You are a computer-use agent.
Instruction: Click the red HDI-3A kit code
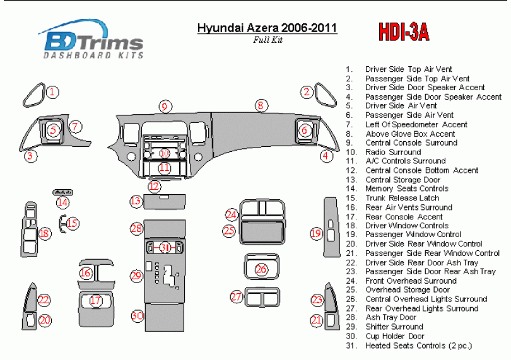click(404, 32)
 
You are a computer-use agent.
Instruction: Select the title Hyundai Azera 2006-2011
click(267, 28)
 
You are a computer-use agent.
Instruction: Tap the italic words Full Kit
click(267, 40)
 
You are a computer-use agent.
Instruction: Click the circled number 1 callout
click(52, 92)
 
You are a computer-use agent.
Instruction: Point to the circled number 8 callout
click(261, 105)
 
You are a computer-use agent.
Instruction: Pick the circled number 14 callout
click(62, 202)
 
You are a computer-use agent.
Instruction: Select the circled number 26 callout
click(261, 269)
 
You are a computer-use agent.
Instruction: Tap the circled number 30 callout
click(138, 315)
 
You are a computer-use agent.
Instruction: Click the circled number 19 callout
click(316, 233)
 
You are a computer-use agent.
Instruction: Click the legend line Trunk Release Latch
click(402, 198)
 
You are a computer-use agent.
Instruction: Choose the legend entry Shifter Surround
click(394, 327)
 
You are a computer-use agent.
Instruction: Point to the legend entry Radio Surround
click(393, 152)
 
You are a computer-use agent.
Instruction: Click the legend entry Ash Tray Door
click(391, 317)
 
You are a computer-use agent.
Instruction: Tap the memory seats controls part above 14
click(62, 192)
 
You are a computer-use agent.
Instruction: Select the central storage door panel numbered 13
click(165, 202)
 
